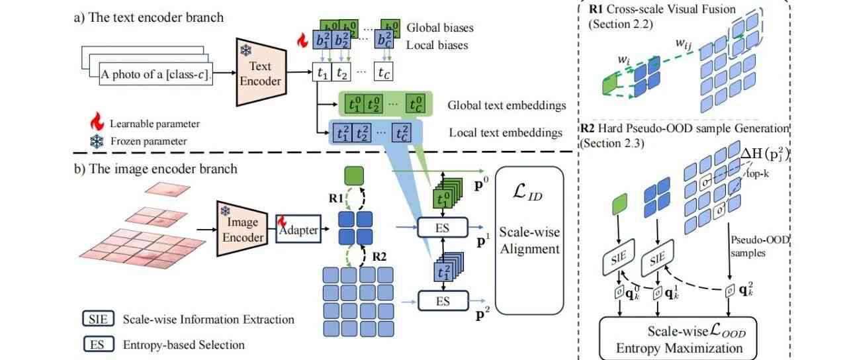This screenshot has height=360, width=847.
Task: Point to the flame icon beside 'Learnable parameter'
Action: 97,123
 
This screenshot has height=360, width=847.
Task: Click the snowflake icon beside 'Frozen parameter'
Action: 97,141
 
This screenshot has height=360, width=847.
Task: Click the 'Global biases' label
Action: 440,28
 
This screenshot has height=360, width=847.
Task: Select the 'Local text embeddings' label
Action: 506,133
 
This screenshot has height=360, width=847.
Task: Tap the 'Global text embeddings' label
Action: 507,105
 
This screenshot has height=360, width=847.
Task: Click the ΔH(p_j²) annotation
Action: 767,154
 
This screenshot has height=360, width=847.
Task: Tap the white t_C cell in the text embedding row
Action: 385,71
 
